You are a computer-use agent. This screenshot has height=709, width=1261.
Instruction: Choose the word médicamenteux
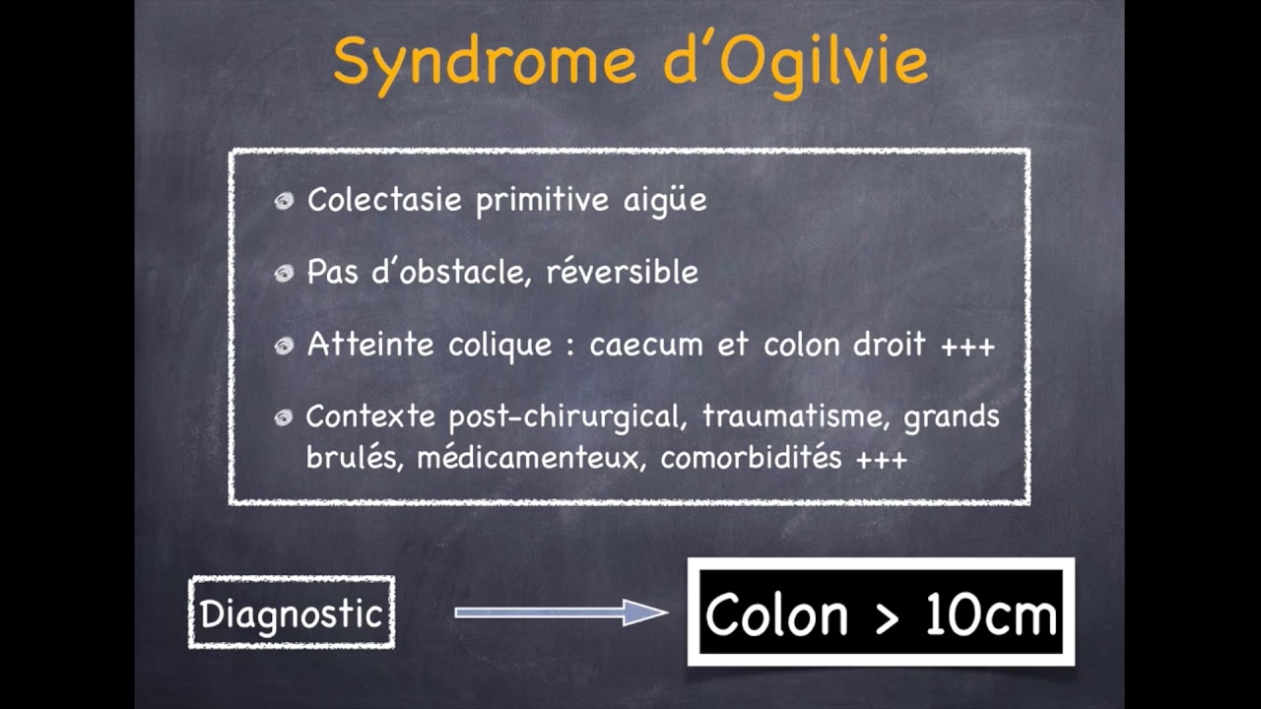532,459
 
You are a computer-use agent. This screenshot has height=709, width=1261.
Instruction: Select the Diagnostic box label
291,613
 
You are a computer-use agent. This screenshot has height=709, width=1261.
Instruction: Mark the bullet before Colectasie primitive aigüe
285,201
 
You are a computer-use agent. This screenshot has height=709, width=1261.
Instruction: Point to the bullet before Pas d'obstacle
285,273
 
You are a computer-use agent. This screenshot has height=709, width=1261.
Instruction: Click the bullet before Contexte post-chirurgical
285,418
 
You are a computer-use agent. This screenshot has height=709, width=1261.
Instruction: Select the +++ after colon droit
967,346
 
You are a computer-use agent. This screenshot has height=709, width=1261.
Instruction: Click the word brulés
353,459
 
